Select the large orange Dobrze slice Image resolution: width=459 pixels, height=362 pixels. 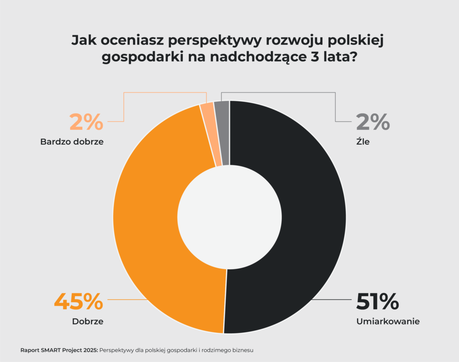[148, 224]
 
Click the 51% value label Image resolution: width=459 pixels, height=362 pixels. [377, 302]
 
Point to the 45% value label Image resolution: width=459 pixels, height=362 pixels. [78, 302]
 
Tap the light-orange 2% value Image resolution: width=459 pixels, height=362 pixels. [87, 122]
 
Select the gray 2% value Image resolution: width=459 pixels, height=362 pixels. [373, 122]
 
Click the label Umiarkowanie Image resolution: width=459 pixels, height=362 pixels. [388, 321]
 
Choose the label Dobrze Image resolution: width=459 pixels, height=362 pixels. [88, 321]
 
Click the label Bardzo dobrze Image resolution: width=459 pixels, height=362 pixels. [72, 142]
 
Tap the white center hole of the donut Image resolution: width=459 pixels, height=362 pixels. [229, 217]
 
